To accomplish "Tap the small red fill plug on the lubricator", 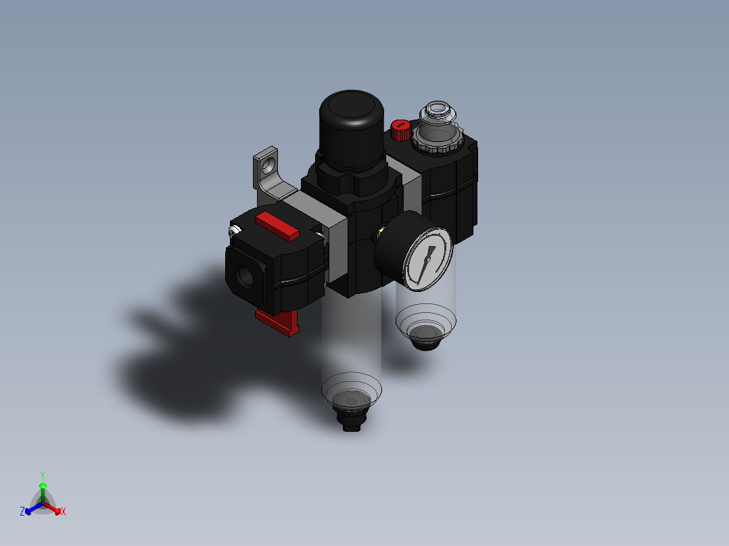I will [x=400, y=129].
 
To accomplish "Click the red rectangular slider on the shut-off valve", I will [x=277, y=226].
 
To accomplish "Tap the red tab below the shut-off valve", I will [x=279, y=322].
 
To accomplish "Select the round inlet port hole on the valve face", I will [x=245, y=276].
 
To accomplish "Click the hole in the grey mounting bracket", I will [x=271, y=163].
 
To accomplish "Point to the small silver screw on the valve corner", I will [x=233, y=231].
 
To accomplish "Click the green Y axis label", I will [x=43, y=474].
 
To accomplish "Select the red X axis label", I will [x=64, y=512].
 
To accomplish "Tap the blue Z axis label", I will [x=22, y=512].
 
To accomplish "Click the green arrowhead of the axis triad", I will [x=43, y=485].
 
